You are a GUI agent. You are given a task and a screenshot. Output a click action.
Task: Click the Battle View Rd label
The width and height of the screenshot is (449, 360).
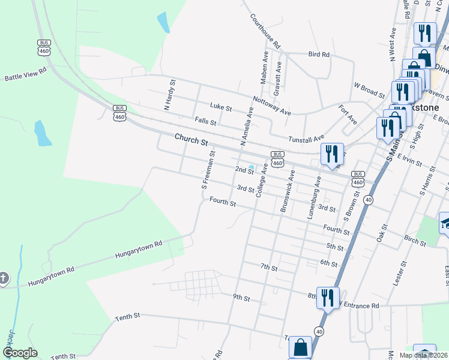coord(25,74)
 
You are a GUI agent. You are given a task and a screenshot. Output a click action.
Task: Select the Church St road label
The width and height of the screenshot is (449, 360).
coord(191,140)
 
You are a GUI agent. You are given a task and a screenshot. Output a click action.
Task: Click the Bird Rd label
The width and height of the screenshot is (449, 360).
coord(319,55)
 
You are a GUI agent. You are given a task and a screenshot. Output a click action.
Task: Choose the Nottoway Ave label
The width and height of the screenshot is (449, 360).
coord(271,106)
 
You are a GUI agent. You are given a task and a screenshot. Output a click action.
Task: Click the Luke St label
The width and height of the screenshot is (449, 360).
coord(221,107)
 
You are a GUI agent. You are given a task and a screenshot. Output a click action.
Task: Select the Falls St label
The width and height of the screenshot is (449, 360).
coord(205,121)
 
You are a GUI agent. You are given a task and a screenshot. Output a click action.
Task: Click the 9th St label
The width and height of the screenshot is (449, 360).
coord(241,296)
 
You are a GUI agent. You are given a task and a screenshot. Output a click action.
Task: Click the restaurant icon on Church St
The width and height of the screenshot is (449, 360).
coord(331,154)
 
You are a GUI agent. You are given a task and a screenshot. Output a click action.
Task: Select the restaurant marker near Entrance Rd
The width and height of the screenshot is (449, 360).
coord(328,298)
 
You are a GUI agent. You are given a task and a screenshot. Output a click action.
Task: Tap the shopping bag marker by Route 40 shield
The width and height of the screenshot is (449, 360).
coord(300,347)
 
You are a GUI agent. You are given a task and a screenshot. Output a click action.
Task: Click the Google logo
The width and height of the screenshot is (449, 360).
coord(20,352)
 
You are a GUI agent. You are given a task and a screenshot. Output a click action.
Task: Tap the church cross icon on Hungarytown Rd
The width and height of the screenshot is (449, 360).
coord(4,278)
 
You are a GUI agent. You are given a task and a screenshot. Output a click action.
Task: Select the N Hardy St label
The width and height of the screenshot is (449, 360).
coord(169,95)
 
